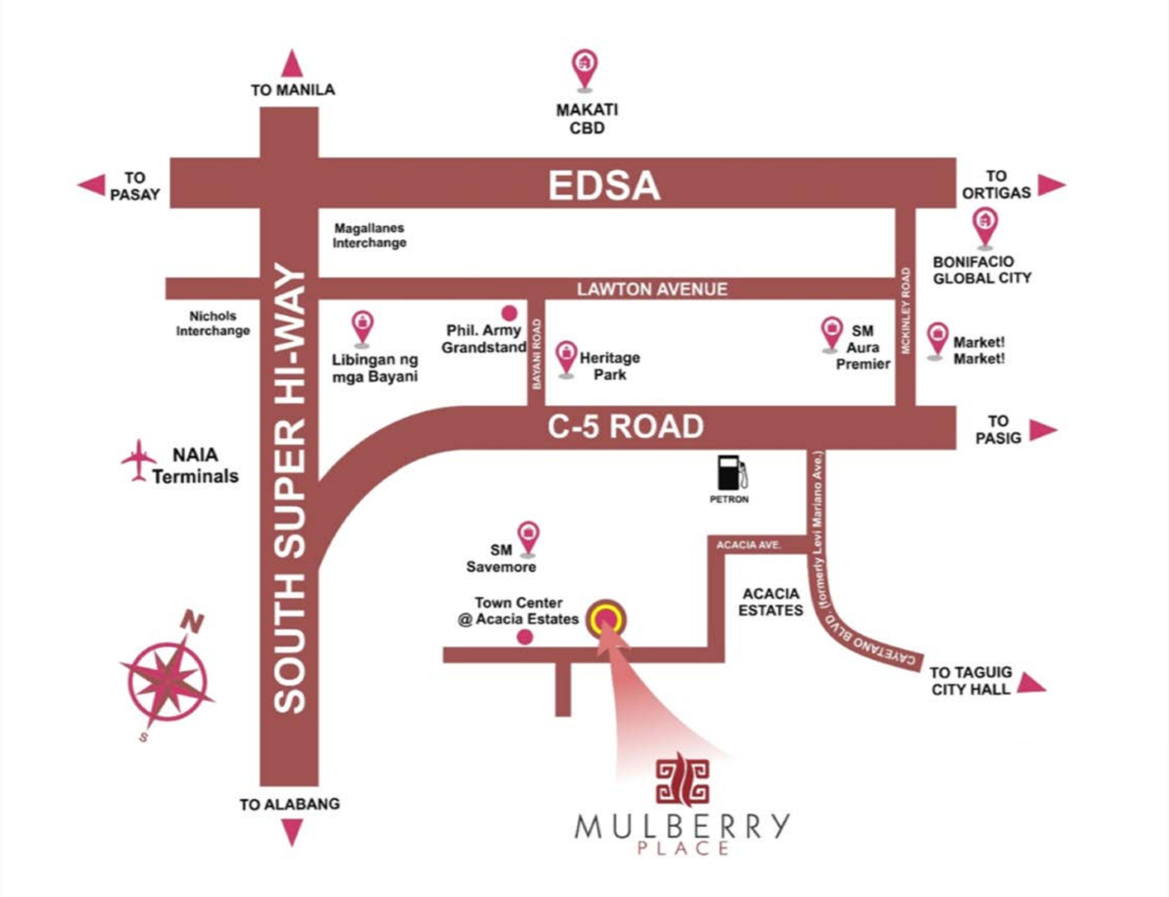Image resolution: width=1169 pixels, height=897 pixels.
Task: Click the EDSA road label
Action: coord(605,185)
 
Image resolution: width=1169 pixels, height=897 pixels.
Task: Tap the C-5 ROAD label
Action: coord(626,426)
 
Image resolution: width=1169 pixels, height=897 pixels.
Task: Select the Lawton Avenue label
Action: coord(652,289)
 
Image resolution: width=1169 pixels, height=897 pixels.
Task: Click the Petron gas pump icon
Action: coord(731,473)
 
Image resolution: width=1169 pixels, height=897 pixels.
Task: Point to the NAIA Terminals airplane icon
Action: coord(139,460)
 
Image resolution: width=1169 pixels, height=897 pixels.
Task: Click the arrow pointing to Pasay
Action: coord(91,185)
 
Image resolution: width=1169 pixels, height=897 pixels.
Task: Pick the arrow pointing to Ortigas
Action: coord(1052,185)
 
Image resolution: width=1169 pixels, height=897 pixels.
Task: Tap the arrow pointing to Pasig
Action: coord(1043,430)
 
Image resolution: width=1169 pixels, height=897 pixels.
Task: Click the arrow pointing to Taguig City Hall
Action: coord(1031,683)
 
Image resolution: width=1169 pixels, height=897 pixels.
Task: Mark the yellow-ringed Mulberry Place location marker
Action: coord(607,619)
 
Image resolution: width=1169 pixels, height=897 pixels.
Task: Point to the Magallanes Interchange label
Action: coord(369,235)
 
